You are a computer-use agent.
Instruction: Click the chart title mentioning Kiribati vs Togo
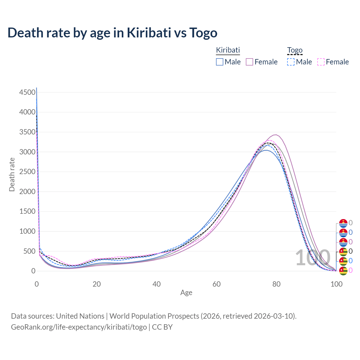112,33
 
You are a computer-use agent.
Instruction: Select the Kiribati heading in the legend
228,50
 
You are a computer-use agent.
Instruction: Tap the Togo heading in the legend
295,50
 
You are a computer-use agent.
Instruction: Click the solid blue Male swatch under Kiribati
220,62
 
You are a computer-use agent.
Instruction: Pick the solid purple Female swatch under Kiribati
250,62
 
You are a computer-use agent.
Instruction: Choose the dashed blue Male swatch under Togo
291,62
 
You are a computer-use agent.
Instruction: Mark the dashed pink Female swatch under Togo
321,62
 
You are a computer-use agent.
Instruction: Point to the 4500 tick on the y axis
28,92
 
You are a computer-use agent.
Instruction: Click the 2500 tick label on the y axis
28,172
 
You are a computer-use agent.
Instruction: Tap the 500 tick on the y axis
30,251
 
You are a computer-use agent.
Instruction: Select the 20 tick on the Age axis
97,284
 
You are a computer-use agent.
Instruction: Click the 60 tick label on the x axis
217,284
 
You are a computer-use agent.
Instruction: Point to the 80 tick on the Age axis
276,284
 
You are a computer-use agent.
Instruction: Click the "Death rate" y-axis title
12,174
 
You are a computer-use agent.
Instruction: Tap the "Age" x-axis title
186,292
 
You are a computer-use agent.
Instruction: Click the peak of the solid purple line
276,135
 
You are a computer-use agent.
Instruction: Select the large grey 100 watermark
313,258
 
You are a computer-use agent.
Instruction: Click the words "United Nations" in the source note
80,316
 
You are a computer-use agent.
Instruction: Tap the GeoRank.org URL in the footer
79,327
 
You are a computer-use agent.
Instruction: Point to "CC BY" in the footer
162,327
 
